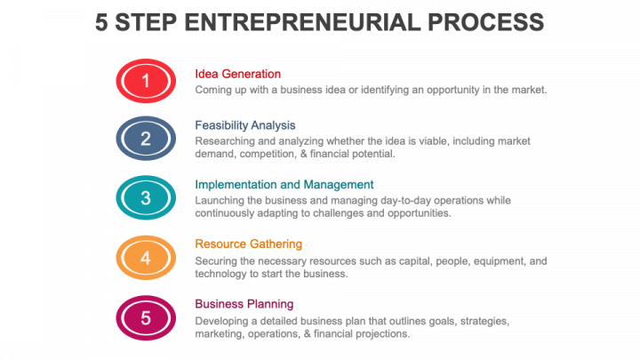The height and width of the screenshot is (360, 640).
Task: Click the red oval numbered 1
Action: [146, 82]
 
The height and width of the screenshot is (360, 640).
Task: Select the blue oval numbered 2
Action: [146, 139]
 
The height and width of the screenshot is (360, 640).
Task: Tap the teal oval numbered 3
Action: [146, 198]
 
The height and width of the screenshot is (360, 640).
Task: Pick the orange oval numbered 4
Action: [146, 259]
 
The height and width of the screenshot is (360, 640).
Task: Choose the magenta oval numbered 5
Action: [146, 317]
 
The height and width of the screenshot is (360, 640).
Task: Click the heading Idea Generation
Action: [237, 74]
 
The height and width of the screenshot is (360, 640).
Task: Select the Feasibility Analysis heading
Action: [245, 125]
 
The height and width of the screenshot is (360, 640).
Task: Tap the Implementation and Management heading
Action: [284, 184]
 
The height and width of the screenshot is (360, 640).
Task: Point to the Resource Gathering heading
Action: [248, 244]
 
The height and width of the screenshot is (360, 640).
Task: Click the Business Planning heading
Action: [244, 303]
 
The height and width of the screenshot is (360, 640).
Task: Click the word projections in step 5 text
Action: [381, 334]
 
